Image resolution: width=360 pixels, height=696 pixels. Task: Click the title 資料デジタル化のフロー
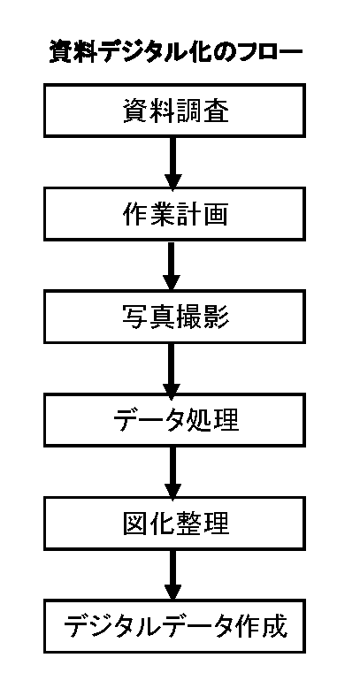point(175,52)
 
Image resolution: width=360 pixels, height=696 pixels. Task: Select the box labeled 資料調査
point(174,111)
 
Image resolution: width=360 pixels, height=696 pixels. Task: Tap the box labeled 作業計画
point(174,213)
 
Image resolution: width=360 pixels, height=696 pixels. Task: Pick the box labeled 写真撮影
point(174,317)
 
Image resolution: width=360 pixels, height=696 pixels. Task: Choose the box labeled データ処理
point(174,419)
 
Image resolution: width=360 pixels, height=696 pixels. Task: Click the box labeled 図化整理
point(174,523)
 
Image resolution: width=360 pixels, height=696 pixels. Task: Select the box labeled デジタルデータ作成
point(174,625)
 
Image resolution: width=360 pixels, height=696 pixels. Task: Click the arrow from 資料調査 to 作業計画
point(172,162)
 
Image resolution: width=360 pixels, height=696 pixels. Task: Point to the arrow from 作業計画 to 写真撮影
point(172,265)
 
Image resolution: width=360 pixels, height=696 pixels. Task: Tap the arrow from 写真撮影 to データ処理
point(172,368)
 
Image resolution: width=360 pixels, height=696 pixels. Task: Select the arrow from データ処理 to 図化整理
point(172,471)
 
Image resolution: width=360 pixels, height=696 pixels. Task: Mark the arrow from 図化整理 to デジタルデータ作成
point(172,574)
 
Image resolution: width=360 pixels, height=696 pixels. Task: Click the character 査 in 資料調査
point(216,111)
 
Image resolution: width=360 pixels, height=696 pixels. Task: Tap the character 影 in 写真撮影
point(216,317)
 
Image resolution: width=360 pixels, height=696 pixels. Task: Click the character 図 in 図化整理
point(135,523)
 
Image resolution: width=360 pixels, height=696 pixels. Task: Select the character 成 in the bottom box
point(273,626)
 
